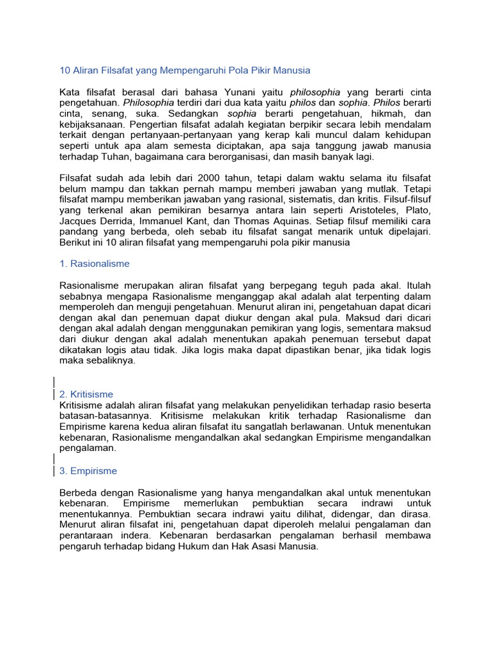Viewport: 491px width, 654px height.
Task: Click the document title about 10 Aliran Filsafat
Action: tap(185, 70)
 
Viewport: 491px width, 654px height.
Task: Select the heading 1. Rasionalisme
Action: tap(95, 263)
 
